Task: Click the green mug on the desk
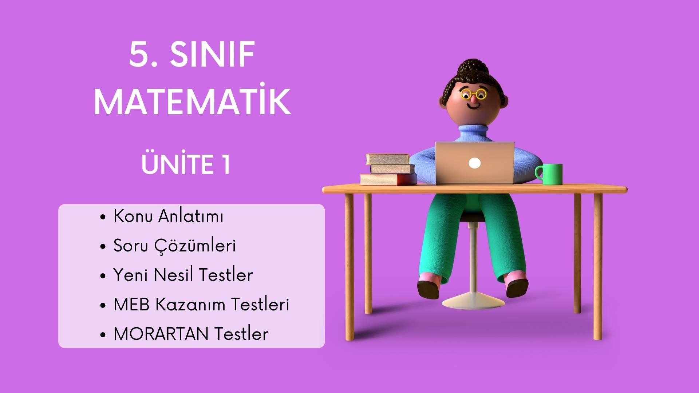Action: pos(549,174)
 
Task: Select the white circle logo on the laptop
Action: pos(474,163)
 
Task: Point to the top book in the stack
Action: pos(387,159)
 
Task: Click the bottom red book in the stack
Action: pos(388,179)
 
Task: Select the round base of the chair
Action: pos(473,301)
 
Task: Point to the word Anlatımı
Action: pos(191,216)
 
